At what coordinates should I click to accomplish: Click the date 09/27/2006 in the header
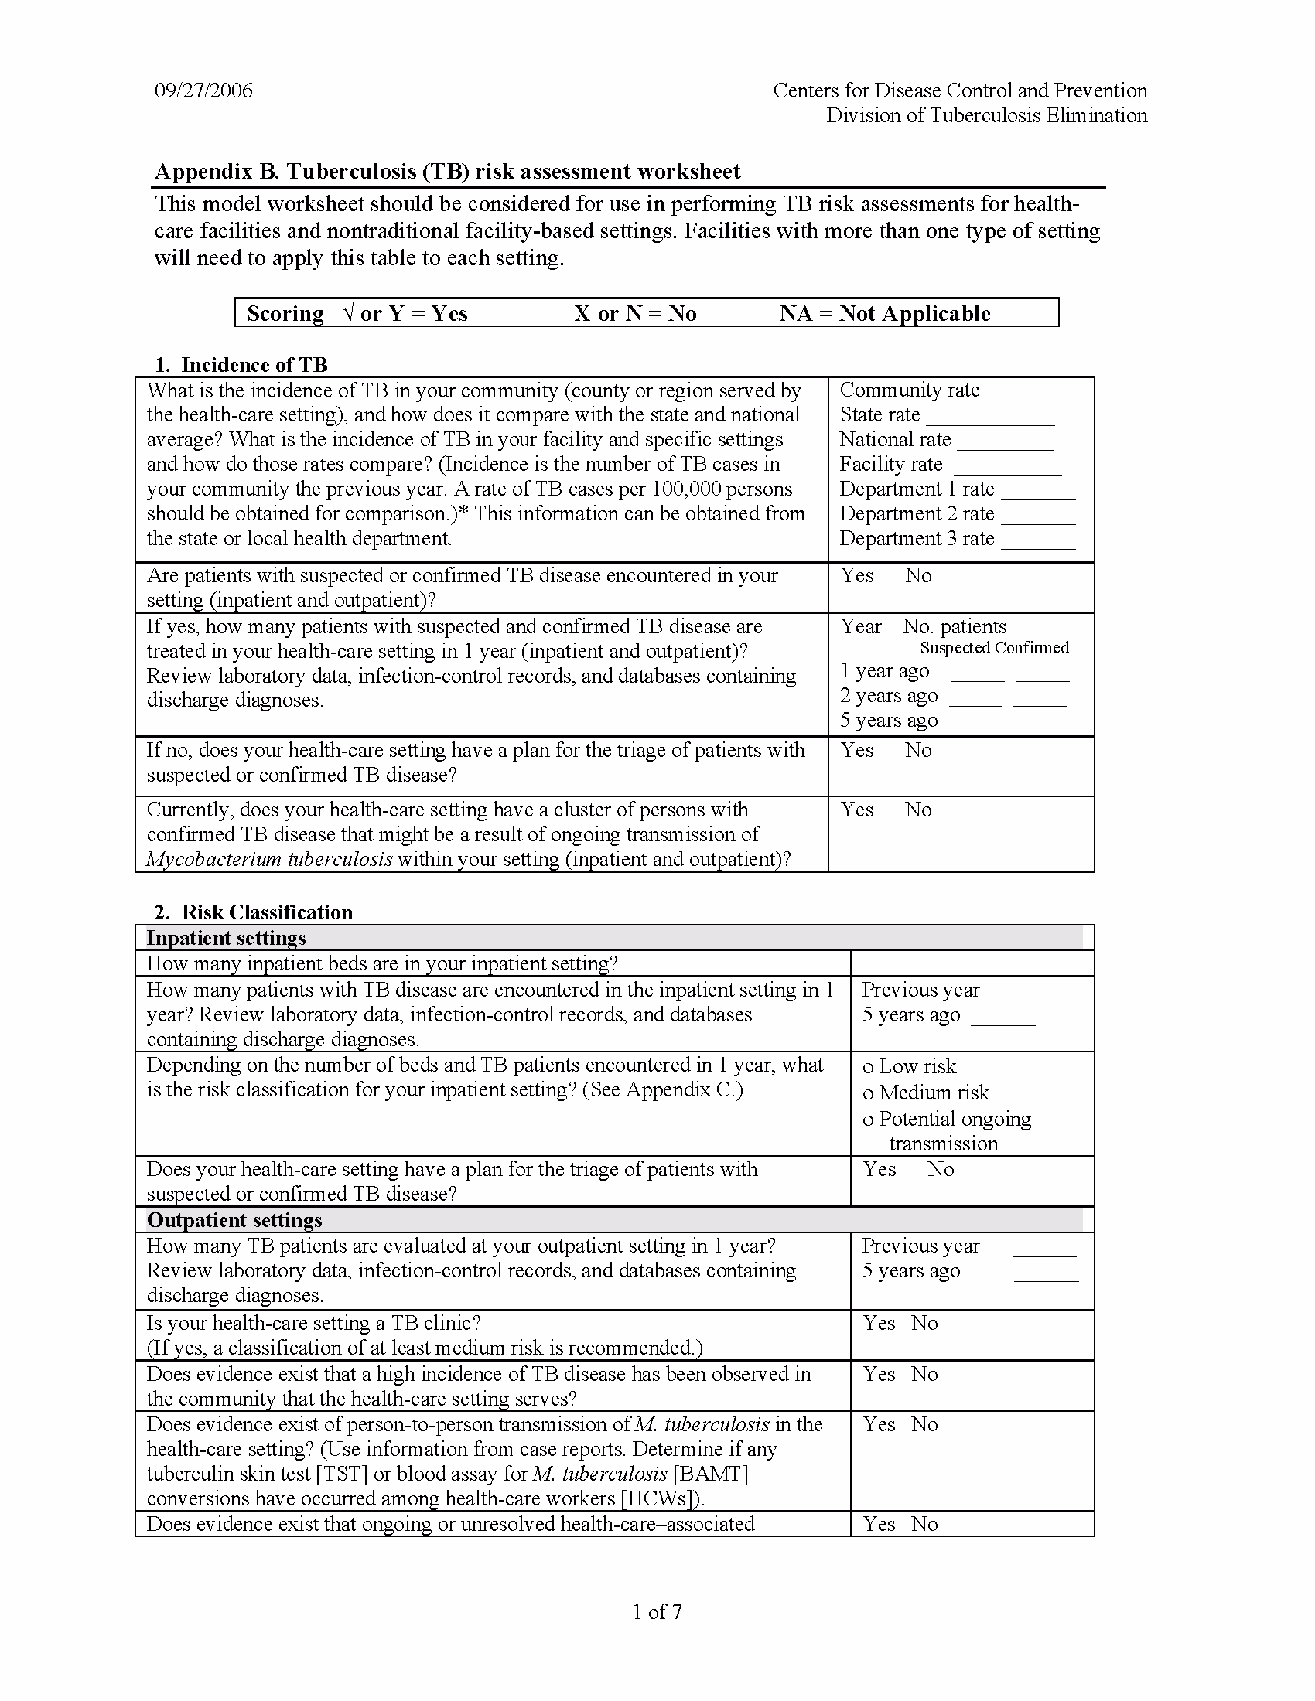[203, 90]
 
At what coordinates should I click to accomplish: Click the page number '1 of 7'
[657, 1611]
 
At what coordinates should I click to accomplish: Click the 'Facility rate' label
[890, 464]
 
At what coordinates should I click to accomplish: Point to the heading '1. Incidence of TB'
[241, 364]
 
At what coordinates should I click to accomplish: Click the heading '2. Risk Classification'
[253, 912]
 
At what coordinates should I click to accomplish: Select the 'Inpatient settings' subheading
[226, 938]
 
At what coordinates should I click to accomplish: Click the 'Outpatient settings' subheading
[234, 1219]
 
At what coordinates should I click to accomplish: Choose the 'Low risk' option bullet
[868, 1068]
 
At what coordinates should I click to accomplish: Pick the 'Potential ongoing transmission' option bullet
[868, 1121]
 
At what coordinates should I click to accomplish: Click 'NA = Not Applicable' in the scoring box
[885, 313]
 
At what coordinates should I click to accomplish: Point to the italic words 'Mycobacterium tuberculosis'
[268, 859]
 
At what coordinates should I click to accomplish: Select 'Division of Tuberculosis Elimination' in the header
[986, 115]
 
